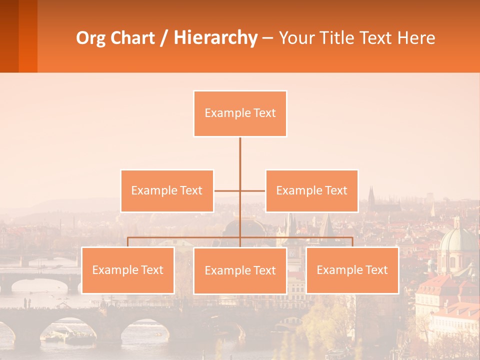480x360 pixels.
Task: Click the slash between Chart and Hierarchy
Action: [x=163, y=38]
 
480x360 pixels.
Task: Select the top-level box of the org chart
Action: [x=240, y=113]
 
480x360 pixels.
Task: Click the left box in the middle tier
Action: [x=167, y=190]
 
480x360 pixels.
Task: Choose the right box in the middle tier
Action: [x=311, y=190]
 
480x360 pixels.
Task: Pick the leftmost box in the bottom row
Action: [x=128, y=270]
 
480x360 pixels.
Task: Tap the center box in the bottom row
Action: [x=240, y=270]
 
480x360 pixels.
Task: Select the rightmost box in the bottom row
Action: [x=352, y=270]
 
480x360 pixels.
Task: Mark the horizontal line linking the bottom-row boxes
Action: [x=185, y=237]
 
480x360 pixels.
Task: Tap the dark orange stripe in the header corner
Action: [x=28, y=36]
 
